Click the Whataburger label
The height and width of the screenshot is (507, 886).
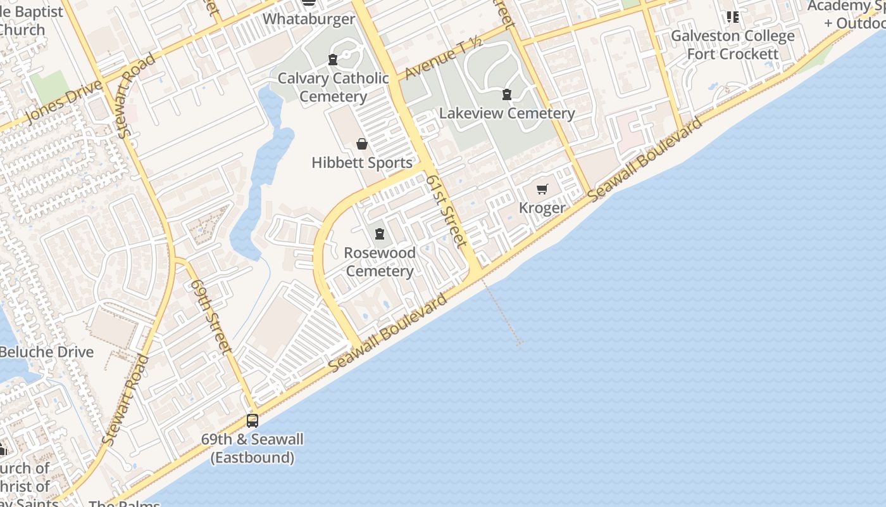309,19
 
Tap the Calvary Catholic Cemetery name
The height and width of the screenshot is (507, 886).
333,87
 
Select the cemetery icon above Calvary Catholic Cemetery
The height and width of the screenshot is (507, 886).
333,60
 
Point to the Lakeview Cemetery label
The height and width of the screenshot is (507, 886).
507,113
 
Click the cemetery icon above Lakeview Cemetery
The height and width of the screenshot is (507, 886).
507,95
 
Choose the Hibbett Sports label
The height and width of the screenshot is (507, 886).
362,163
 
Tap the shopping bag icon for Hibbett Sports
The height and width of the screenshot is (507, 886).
362,144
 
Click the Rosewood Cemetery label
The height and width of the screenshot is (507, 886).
380,262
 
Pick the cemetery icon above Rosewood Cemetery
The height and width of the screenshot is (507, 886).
380,234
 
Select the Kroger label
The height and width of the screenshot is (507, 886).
542,208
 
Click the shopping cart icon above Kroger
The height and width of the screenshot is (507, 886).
542,189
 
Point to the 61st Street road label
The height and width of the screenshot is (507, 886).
447,211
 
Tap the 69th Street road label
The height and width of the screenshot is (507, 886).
211,316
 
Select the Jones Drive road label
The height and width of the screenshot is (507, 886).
64,103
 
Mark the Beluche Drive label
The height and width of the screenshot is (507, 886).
47,352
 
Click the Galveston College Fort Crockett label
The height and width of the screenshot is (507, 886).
733,45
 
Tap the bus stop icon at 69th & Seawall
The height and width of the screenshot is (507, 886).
253,420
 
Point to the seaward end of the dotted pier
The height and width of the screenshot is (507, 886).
520,343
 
